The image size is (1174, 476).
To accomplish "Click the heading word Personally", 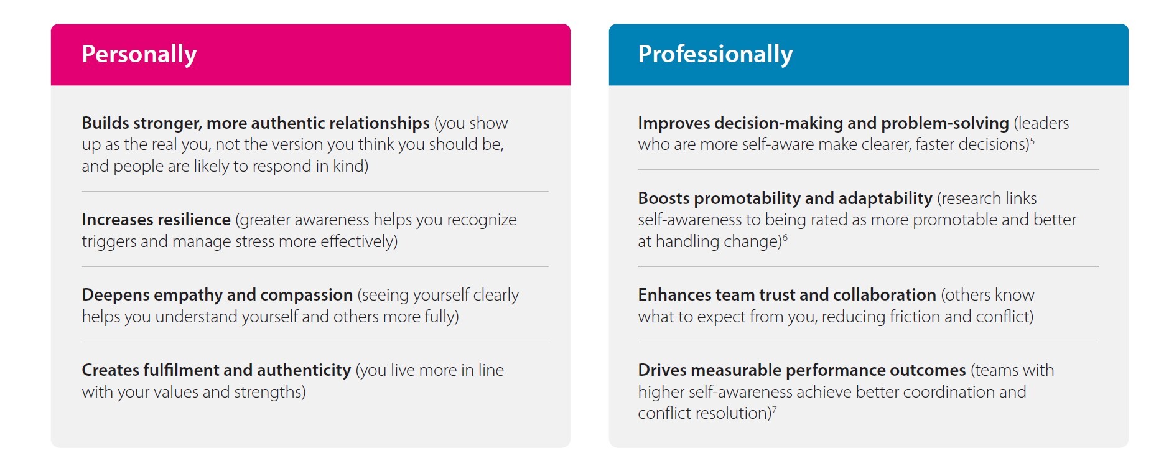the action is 139,55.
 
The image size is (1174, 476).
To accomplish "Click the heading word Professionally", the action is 715,55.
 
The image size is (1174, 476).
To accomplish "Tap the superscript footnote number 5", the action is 1032,141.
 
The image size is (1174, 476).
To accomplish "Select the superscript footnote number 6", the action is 785,238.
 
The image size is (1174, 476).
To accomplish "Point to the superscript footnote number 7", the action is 775,409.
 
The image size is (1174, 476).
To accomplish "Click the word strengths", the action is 270,393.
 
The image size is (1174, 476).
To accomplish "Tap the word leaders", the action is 1041,123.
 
